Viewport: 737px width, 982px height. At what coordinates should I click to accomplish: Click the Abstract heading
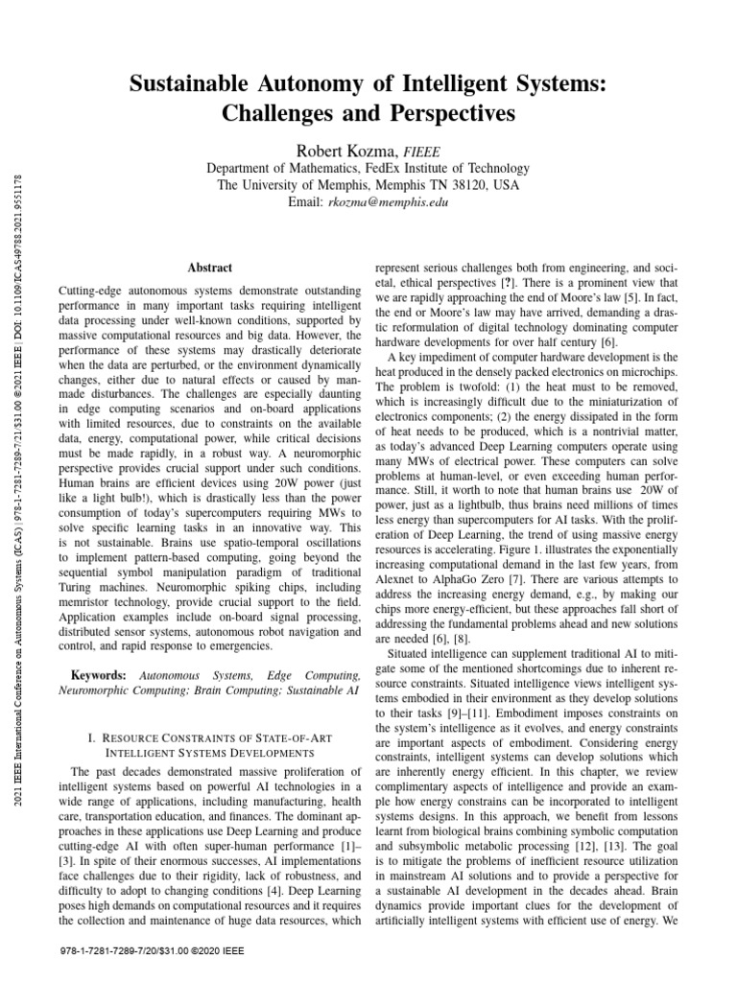(209, 269)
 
